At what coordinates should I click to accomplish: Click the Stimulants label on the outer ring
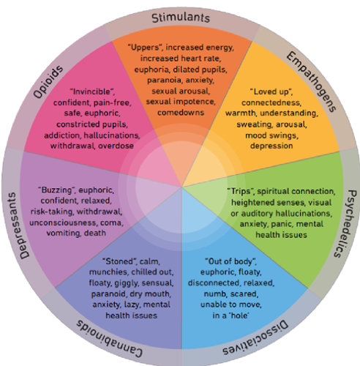pos(181,18)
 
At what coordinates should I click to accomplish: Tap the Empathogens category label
pos(312,82)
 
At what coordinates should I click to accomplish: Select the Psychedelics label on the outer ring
pos(344,223)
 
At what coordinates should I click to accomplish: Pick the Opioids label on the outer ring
pos(48,82)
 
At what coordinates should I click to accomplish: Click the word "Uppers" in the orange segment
pos(145,47)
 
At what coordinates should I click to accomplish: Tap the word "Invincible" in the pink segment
pos(92,92)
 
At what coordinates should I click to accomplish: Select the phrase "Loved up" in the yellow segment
pos(271,92)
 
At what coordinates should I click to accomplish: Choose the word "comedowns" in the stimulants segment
pos(181,113)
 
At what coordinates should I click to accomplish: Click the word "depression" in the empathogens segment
pos(271,146)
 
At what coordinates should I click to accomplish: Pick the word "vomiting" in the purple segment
pos(64,233)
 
